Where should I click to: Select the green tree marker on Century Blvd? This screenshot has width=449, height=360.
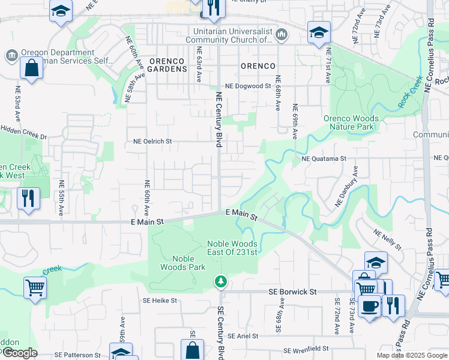[221, 281]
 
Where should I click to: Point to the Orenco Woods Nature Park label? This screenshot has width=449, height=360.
[349, 122]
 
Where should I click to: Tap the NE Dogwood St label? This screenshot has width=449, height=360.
[248, 86]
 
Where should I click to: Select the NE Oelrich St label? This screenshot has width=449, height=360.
[152, 142]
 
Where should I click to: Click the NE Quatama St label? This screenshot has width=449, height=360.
[324, 158]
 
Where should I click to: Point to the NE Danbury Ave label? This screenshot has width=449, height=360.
[346, 187]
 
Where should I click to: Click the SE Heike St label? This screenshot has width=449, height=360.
[160, 300]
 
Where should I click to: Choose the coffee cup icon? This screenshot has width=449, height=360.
[369, 305]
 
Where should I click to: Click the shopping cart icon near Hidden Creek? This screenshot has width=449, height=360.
[35, 287]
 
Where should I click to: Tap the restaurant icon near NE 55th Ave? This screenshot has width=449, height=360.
[28, 198]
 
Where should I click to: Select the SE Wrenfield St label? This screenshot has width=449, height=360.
[307, 349]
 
